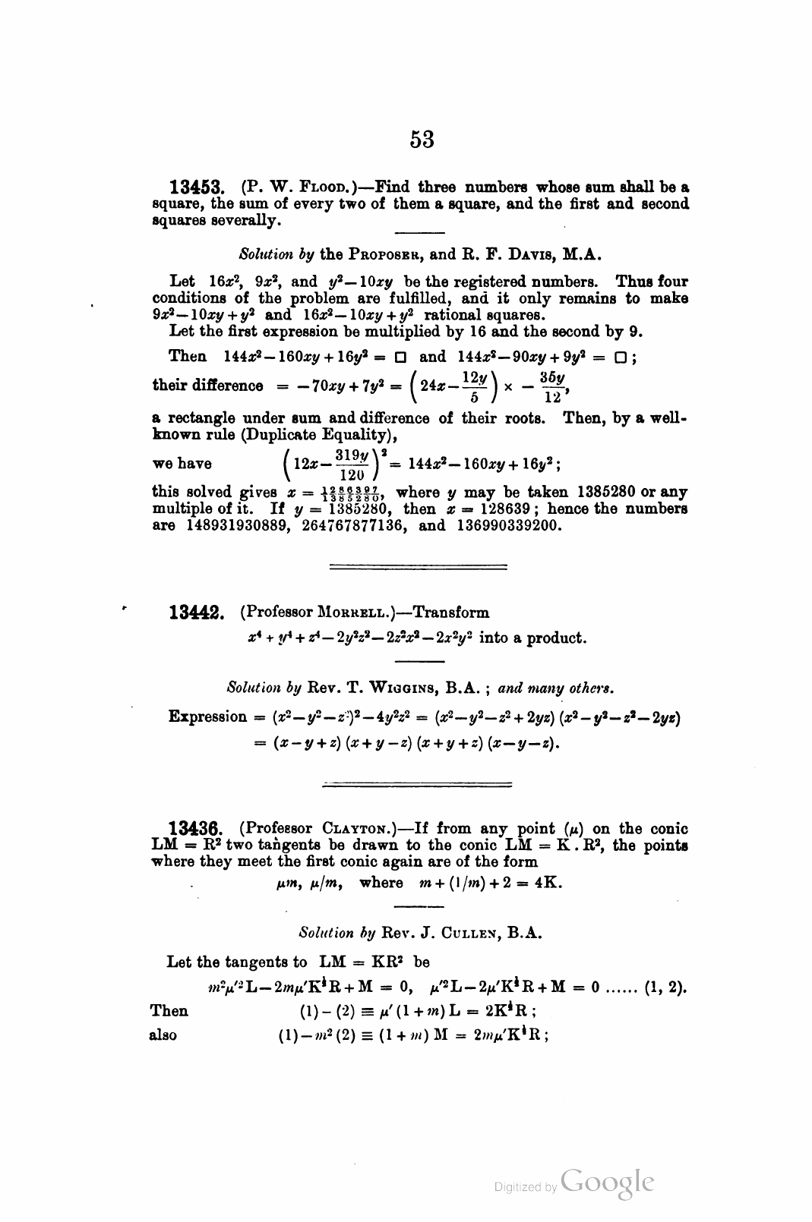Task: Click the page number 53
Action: point(422,139)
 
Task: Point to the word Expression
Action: point(207,717)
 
